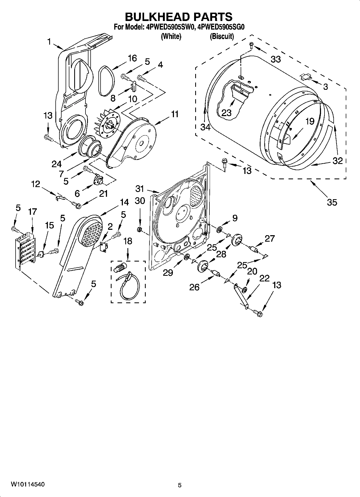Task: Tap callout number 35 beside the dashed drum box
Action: point(332,202)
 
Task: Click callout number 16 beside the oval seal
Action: point(132,58)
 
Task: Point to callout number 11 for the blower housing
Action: point(175,114)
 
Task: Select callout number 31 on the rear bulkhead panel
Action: point(140,189)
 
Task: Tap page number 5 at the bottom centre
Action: point(180,485)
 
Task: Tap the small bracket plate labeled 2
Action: point(103,246)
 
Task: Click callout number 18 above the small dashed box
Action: point(128,241)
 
